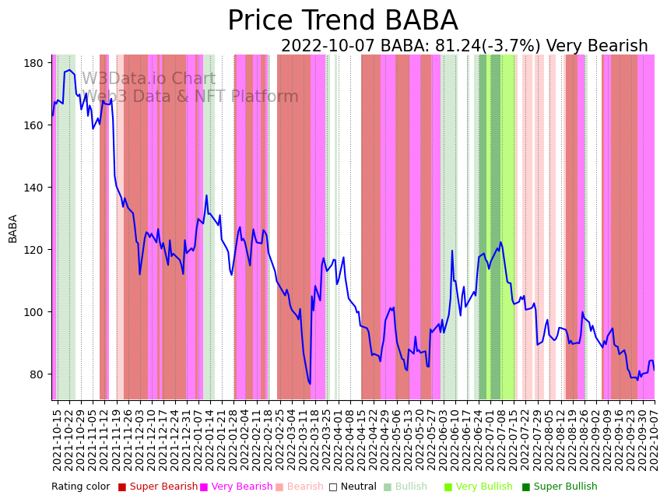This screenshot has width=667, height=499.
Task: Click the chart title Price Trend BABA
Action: click(x=342, y=21)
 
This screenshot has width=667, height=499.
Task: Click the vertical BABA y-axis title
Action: click(x=13, y=229)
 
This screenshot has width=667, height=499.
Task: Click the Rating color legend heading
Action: click(x=81, y=487)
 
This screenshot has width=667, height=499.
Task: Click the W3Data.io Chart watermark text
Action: click(x=149, y=79)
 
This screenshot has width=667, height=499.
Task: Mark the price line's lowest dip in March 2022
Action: click(x=310, y=383)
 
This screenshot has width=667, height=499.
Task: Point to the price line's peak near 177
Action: click(x=68, y=70)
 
